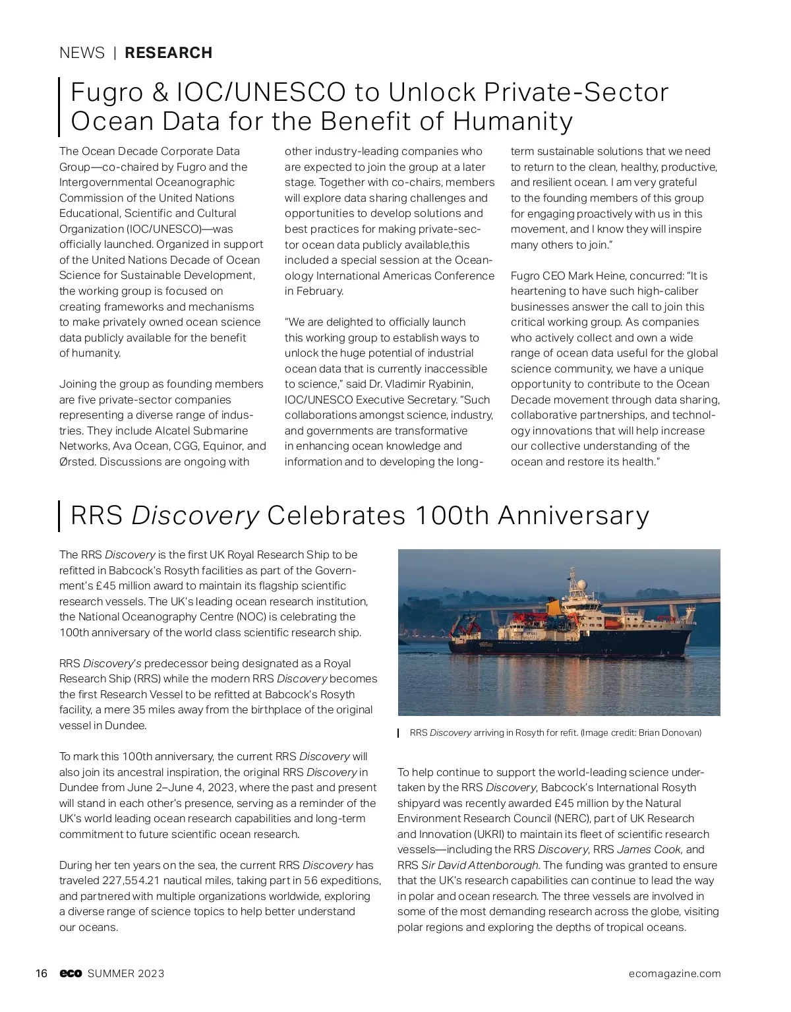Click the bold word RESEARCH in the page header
click(x=169, y=53)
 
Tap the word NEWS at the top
click(x=82, y=53)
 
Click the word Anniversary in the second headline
click(x=573, y=516)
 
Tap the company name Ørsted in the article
click(x=78, y=461)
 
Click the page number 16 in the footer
click(x=42, y=974)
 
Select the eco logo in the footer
click(x=71, y=974)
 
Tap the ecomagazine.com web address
click(x=674, y=974)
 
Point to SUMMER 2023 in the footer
click(x=126, y=974)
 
